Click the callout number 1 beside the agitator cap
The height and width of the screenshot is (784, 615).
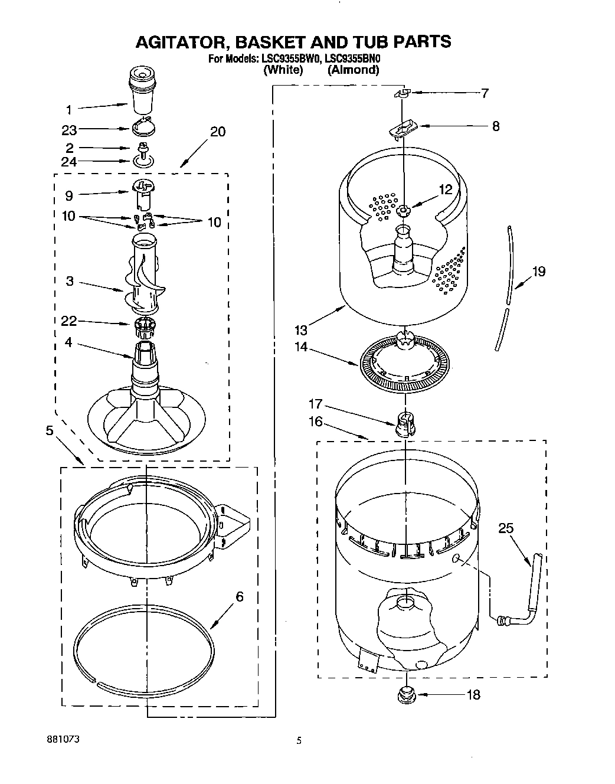[x=68, y=109]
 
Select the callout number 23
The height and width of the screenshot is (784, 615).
[x=69, y=130]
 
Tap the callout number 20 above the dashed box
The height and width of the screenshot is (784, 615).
[x=218, y=131]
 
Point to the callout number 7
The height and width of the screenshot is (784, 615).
[x=485, y=93]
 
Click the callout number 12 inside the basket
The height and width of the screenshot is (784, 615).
[x=445, y=190]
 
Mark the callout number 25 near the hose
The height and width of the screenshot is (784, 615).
[x=506, y=528]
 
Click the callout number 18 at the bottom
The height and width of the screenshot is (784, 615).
[x=473, y=695]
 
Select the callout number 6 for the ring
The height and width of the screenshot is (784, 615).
[x=239, y=597]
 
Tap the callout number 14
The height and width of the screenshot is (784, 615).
[x=301, y=347]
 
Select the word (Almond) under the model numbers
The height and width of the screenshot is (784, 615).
[x=353, y=70]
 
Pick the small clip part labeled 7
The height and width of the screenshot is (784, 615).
[x=402, y=92]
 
